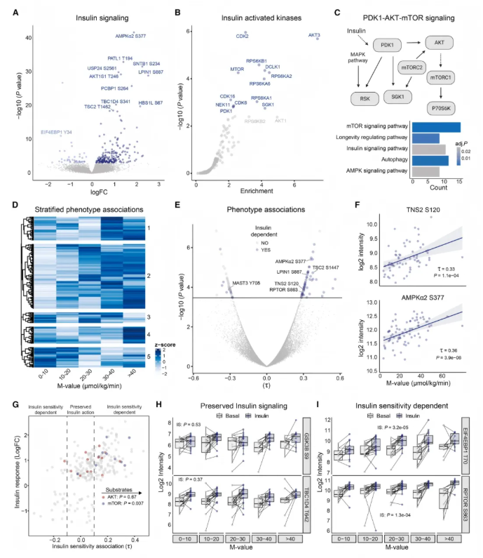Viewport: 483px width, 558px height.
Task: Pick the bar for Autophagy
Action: (430, 160)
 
